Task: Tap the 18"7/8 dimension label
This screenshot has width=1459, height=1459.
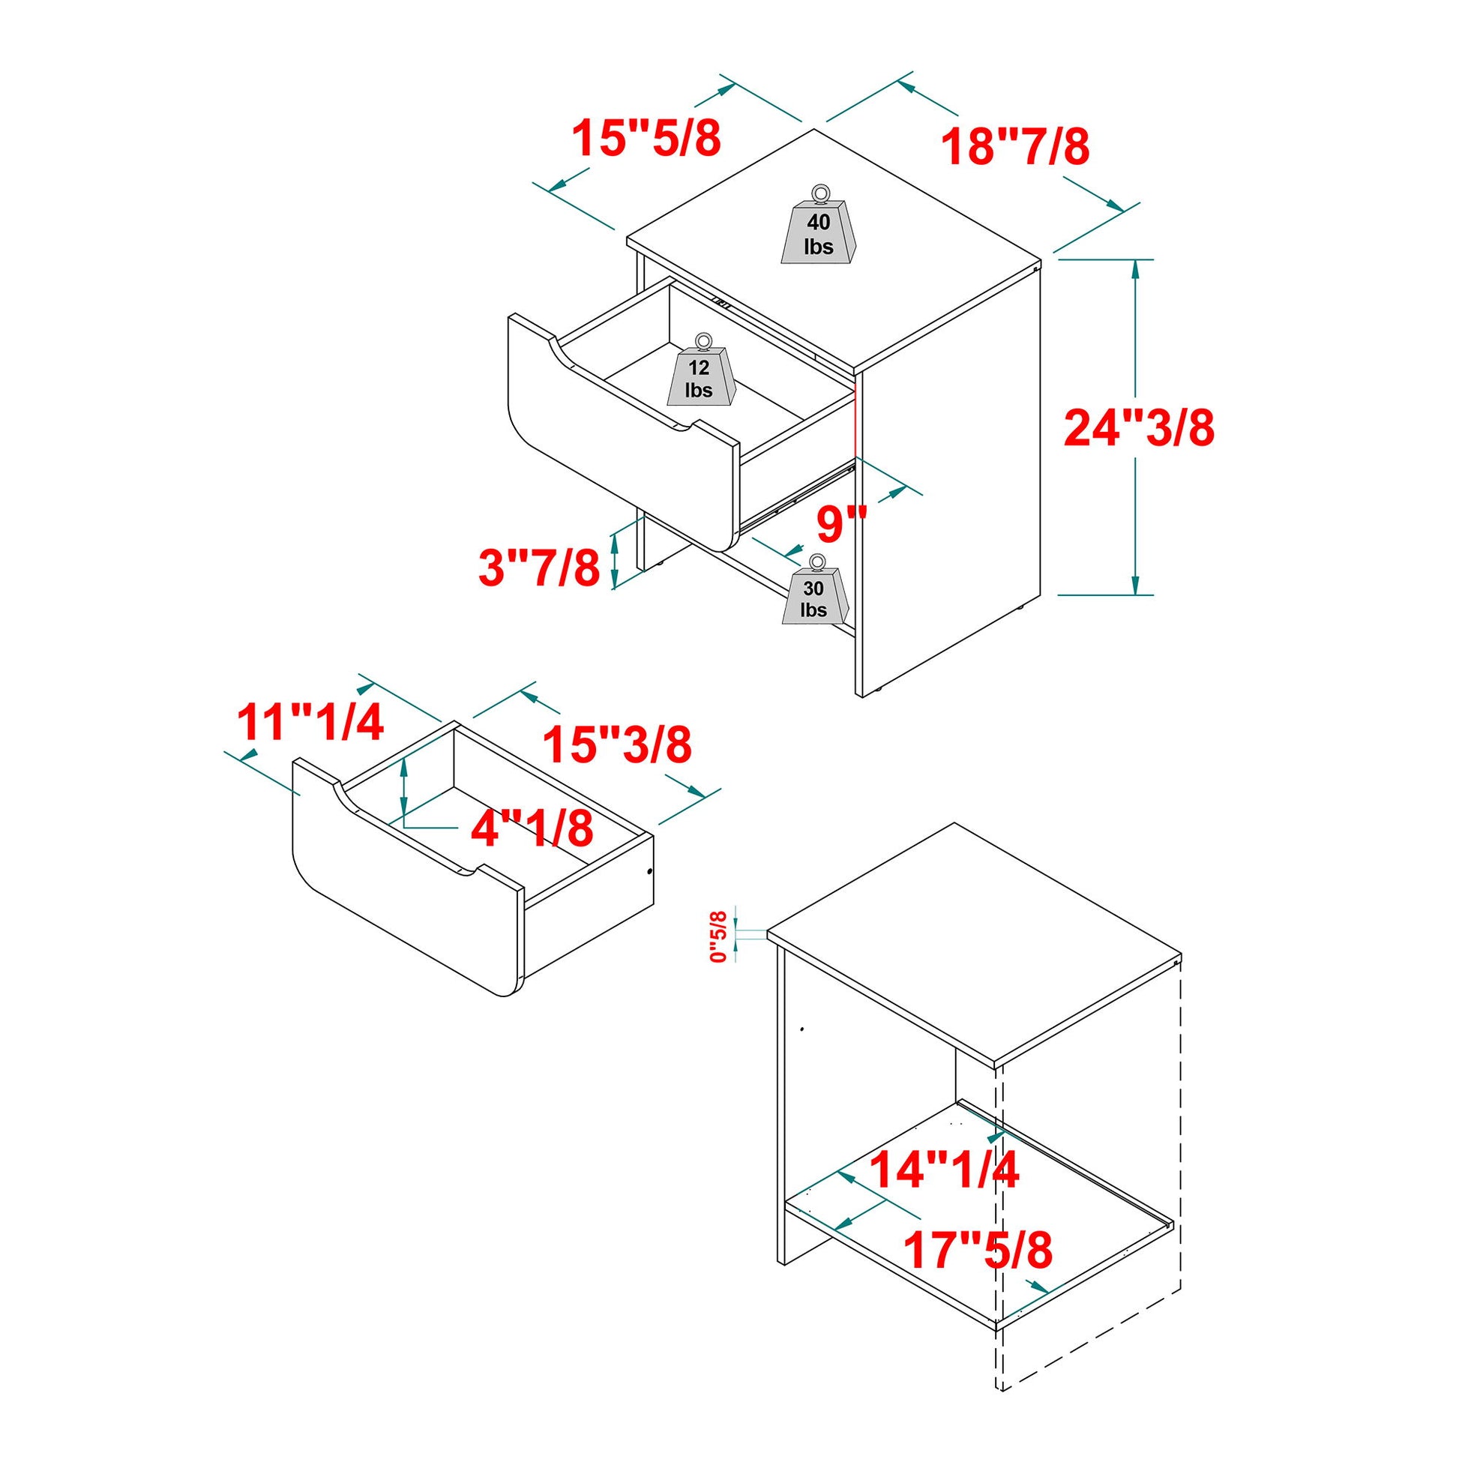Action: pyautogui.click(x=1016, y=146)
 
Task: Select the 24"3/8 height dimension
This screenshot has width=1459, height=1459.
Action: pyautogui.click(x=1139, y=428)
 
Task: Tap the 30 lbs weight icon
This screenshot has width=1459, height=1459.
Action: pyautogui.click(x=814, y=595)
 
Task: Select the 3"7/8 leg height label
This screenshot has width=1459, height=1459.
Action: pyautogui.click(x=539, y=567)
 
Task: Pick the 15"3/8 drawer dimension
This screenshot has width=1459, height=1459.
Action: pyautogui.click(x=617, y=744)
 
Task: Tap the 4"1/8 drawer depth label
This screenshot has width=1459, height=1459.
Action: pyautogui.click(x=532, y=829)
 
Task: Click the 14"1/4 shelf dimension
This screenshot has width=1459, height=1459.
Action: pyautogui.click(x=944, y=1170)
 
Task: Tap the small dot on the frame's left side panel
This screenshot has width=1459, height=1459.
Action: pyautogui.click(x=802, y=1029)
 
